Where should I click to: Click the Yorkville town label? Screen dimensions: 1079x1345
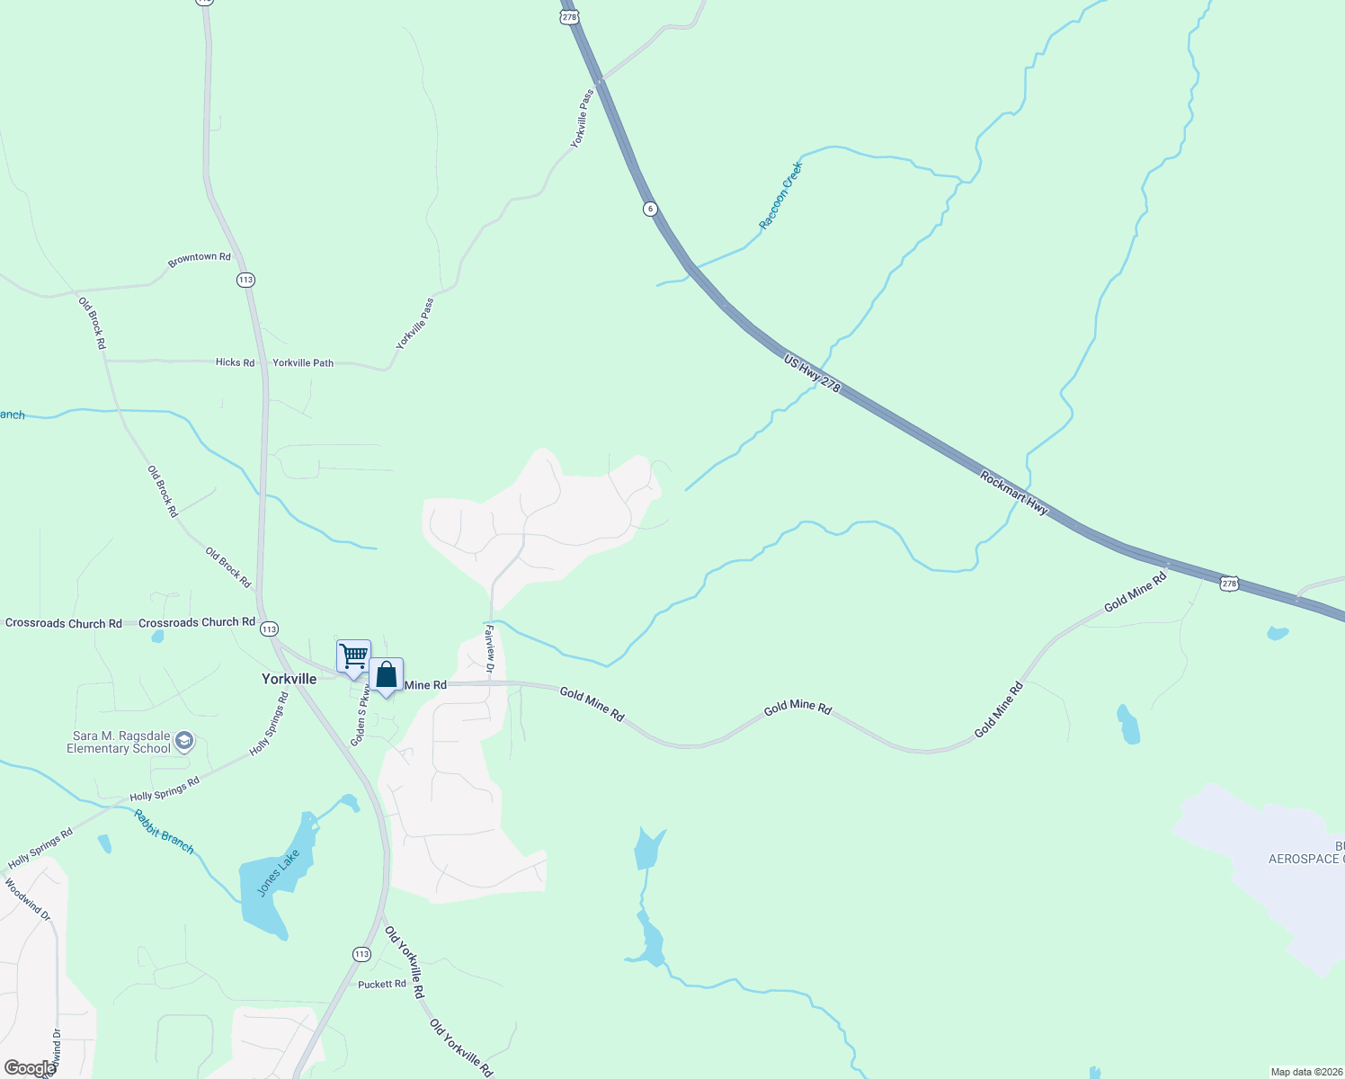pyautogui.click(x=289, y=679)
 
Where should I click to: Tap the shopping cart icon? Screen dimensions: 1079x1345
pyautogui.click(x=353, y=656)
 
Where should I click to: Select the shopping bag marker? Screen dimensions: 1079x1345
pyautogui.click(x=386, y=675)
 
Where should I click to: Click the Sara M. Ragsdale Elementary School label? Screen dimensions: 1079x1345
pyautogui.click(x=119, y=742)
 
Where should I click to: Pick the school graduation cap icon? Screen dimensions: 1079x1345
pyautogui.click(x=184, y=741)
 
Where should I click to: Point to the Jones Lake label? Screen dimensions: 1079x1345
pyautogui.click(x=278, y=873)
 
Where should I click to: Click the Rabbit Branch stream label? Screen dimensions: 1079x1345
pyautogui.click(x=164, y=831)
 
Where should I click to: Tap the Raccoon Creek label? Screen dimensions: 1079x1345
pyautogui.click(x=779, y=196)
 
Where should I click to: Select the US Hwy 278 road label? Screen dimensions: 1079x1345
pyautogui.click(x=812, y=372)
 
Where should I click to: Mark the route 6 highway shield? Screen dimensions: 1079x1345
pyautogui.click(x=650, y=209)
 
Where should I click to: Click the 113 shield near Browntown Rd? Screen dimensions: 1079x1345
pyautogui.click(x=245, y=280)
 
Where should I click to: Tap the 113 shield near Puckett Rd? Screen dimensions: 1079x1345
pyautogui.click(x=361, y=954)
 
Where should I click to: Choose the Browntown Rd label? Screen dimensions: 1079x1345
pyautogui.click(x=200, y=259)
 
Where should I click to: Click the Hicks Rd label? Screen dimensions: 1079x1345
pyautogui.click(x=235, y=362)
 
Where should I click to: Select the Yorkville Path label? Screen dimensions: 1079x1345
pyautogui.click(x=303, y=363)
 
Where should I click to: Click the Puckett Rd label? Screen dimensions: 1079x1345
pyautogui.click(x=382, y=985)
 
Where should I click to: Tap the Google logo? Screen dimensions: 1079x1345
pyautogui.click(x=30, y=1068)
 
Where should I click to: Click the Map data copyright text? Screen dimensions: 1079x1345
pyautogui.click(x=1306, y=1072)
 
